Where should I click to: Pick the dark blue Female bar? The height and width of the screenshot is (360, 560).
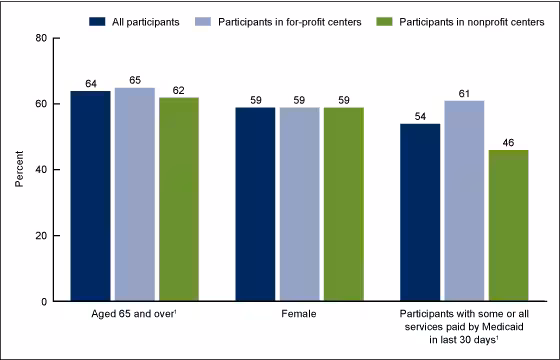click(x=254, y=204)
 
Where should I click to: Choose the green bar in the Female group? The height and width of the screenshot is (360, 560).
click(x=342, y=204)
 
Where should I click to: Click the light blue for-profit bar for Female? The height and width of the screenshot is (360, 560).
click(x=298, y=204)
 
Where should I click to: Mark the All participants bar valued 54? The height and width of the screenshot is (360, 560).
click(x=419, y=212)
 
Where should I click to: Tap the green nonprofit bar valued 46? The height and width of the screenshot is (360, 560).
click(x=508, y=225)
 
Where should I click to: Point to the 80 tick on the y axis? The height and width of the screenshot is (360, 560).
click(x=40, y=38)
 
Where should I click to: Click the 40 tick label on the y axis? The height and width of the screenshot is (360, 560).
click(x=40, y=170)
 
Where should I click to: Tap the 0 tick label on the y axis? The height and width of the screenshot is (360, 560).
click(x=43, y=302)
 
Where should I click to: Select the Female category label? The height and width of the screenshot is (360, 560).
click(x=298, y=316)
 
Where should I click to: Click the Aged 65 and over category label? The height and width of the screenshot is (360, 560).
click(x=134, y=316)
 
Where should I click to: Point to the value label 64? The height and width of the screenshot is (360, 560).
click(x=90, y=83)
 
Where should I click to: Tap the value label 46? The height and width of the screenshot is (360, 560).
click(x=508, y=142)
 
